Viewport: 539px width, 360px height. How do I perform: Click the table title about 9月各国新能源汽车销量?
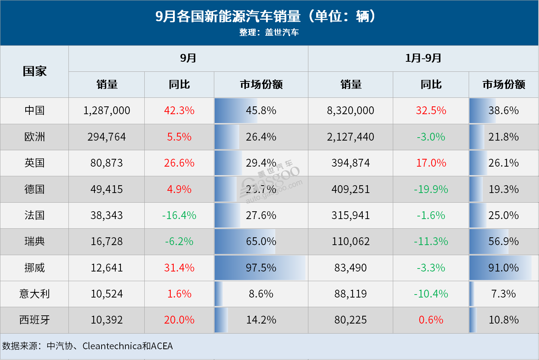coord(266,16)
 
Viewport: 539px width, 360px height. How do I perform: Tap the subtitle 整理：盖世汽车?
coord(269,32)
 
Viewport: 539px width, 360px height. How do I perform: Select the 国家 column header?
coord(35,71)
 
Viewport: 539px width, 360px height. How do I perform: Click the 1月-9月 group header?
coord(423,58)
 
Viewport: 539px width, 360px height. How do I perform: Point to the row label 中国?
coord(35,110)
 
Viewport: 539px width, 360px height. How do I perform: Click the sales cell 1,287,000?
coord(107,110)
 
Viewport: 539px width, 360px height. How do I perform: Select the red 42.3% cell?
coord(179,110)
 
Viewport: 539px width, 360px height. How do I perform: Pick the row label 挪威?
coord(35,268)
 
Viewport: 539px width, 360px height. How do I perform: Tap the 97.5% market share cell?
coord(261,268)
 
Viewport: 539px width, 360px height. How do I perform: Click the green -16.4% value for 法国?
coord(179,215)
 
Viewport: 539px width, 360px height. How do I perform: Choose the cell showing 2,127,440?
coord(350,137)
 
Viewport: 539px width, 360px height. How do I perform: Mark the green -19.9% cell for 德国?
coord(431,189)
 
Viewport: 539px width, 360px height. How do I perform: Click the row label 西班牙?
coord(35,320)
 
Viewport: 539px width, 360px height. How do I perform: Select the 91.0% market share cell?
coord(503,268)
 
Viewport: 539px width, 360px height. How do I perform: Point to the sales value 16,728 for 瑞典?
coord(107,241)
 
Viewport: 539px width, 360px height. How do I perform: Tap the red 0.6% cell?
coord(431,320)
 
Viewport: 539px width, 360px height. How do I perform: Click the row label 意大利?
coord(35,294)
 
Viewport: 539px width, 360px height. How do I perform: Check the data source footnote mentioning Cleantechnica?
coord(88,346)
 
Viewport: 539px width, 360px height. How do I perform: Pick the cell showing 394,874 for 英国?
coord(350,163)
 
